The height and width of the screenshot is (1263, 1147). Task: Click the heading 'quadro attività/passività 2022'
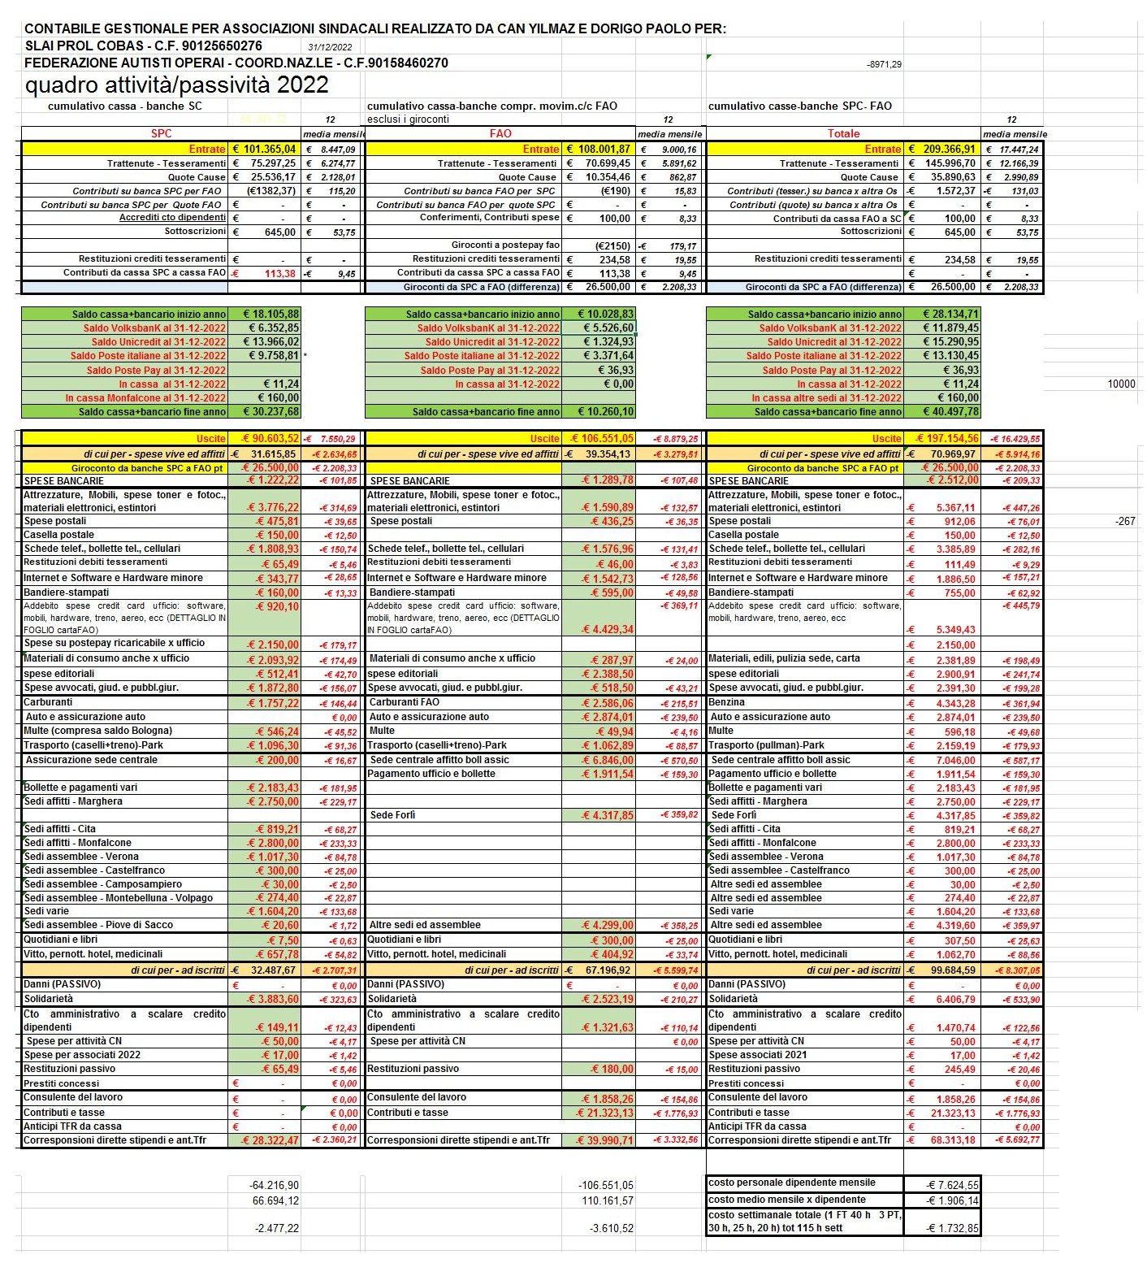click(x=176, y=85)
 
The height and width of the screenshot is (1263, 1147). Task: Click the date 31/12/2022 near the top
click(x=330, y=47)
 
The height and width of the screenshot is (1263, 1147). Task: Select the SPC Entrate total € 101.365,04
click(x=265, y=149)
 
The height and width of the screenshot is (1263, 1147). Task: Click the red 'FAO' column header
click(x=500, y=133)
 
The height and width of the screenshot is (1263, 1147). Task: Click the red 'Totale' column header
click(x=843, y=133)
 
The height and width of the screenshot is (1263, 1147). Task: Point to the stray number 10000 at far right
click(x=1121, y=384)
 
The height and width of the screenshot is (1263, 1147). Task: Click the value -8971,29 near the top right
click(x=884, y=64)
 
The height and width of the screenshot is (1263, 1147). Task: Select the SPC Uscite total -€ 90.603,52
click(x=265, y=438)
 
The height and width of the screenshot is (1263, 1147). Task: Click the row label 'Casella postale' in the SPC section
click(x=58, y=535)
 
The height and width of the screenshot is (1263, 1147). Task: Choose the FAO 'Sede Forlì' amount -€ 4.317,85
click(x=607, y=815)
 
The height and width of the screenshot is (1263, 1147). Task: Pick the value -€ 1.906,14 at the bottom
click(x=952, y=1200)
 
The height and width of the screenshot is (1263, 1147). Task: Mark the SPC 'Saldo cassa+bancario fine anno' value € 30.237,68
click(x=271, y=411)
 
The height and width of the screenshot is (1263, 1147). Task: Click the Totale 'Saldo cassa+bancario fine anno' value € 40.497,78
click(x=950, y=411)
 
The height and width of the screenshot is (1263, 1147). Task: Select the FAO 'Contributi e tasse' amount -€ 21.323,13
click(x=604, y=1113)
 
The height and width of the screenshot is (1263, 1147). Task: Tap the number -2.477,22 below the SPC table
click(x=276, y=1228)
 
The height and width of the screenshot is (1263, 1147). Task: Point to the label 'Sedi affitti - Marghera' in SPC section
click(x=73, y=801)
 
